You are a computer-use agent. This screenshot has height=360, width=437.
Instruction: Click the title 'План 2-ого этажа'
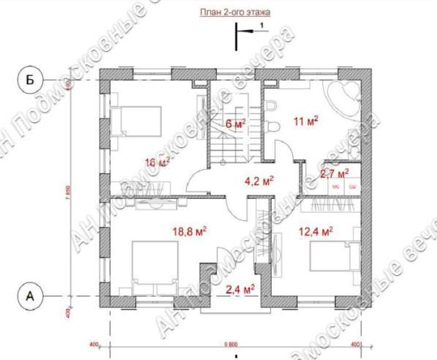tap(232, 12)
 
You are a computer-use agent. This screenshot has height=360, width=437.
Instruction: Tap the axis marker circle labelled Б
tap(30, 79)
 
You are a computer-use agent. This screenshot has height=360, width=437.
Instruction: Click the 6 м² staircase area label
tap(235, 124)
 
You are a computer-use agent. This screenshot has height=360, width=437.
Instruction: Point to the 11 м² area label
tap(305, 121)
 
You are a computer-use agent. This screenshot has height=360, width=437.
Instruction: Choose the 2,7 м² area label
tap(335, 173)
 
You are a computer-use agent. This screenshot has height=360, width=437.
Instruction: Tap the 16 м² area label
tap(157, 162)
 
